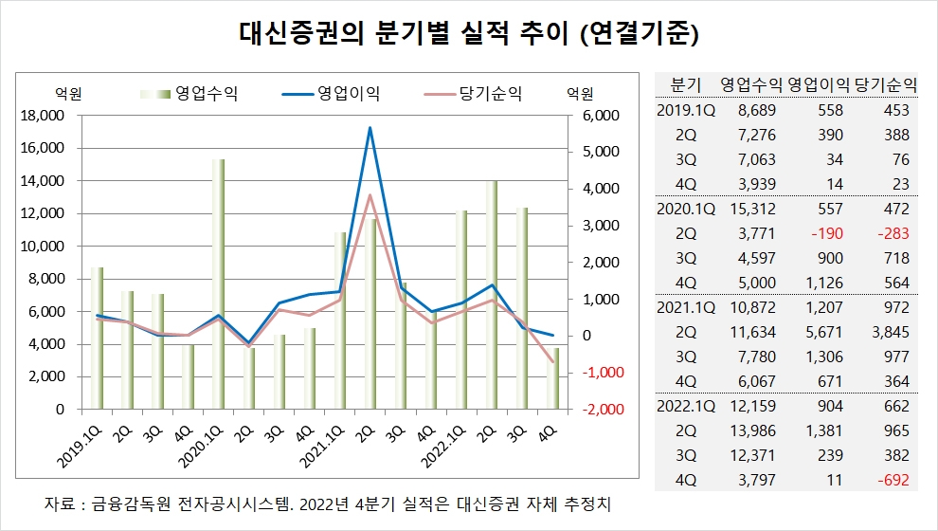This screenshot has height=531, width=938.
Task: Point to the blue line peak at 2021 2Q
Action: click(370, 128)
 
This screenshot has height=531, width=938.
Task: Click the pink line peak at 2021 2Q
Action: click(370, 195)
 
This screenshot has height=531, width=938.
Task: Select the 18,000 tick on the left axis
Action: click(42, 116)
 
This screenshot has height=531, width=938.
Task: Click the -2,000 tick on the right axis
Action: click(594, 410)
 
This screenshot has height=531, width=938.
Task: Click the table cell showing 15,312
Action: click(751, 209)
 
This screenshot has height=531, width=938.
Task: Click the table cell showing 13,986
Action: click(751, 430)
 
